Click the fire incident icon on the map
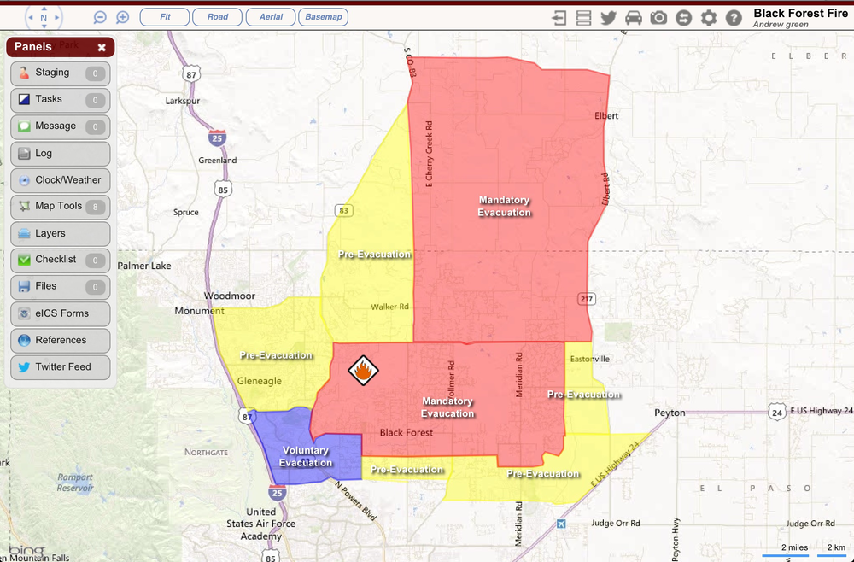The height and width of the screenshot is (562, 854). [363, 371]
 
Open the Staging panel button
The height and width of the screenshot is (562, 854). [60, 73]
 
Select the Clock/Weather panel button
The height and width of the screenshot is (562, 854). [60, 180]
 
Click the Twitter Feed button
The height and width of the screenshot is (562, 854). [60, 366]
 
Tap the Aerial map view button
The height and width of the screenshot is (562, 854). [271, 17]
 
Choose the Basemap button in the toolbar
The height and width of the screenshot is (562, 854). [324, 17]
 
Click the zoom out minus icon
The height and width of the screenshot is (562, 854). [100, 17]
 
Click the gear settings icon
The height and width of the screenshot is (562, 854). [709, 18]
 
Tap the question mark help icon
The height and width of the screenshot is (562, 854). [734, 18]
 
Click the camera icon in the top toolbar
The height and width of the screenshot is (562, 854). [658, 18]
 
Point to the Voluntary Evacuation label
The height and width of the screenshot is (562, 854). [305, 457]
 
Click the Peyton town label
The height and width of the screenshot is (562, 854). [670, 413]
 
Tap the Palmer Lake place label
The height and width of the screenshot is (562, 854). [144, 266]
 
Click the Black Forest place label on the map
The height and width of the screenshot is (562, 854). [406, 433]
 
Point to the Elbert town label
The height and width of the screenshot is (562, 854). [605, 115]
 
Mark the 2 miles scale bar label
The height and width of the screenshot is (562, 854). [794, 547]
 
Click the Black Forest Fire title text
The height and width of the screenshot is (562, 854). [800, 14]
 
